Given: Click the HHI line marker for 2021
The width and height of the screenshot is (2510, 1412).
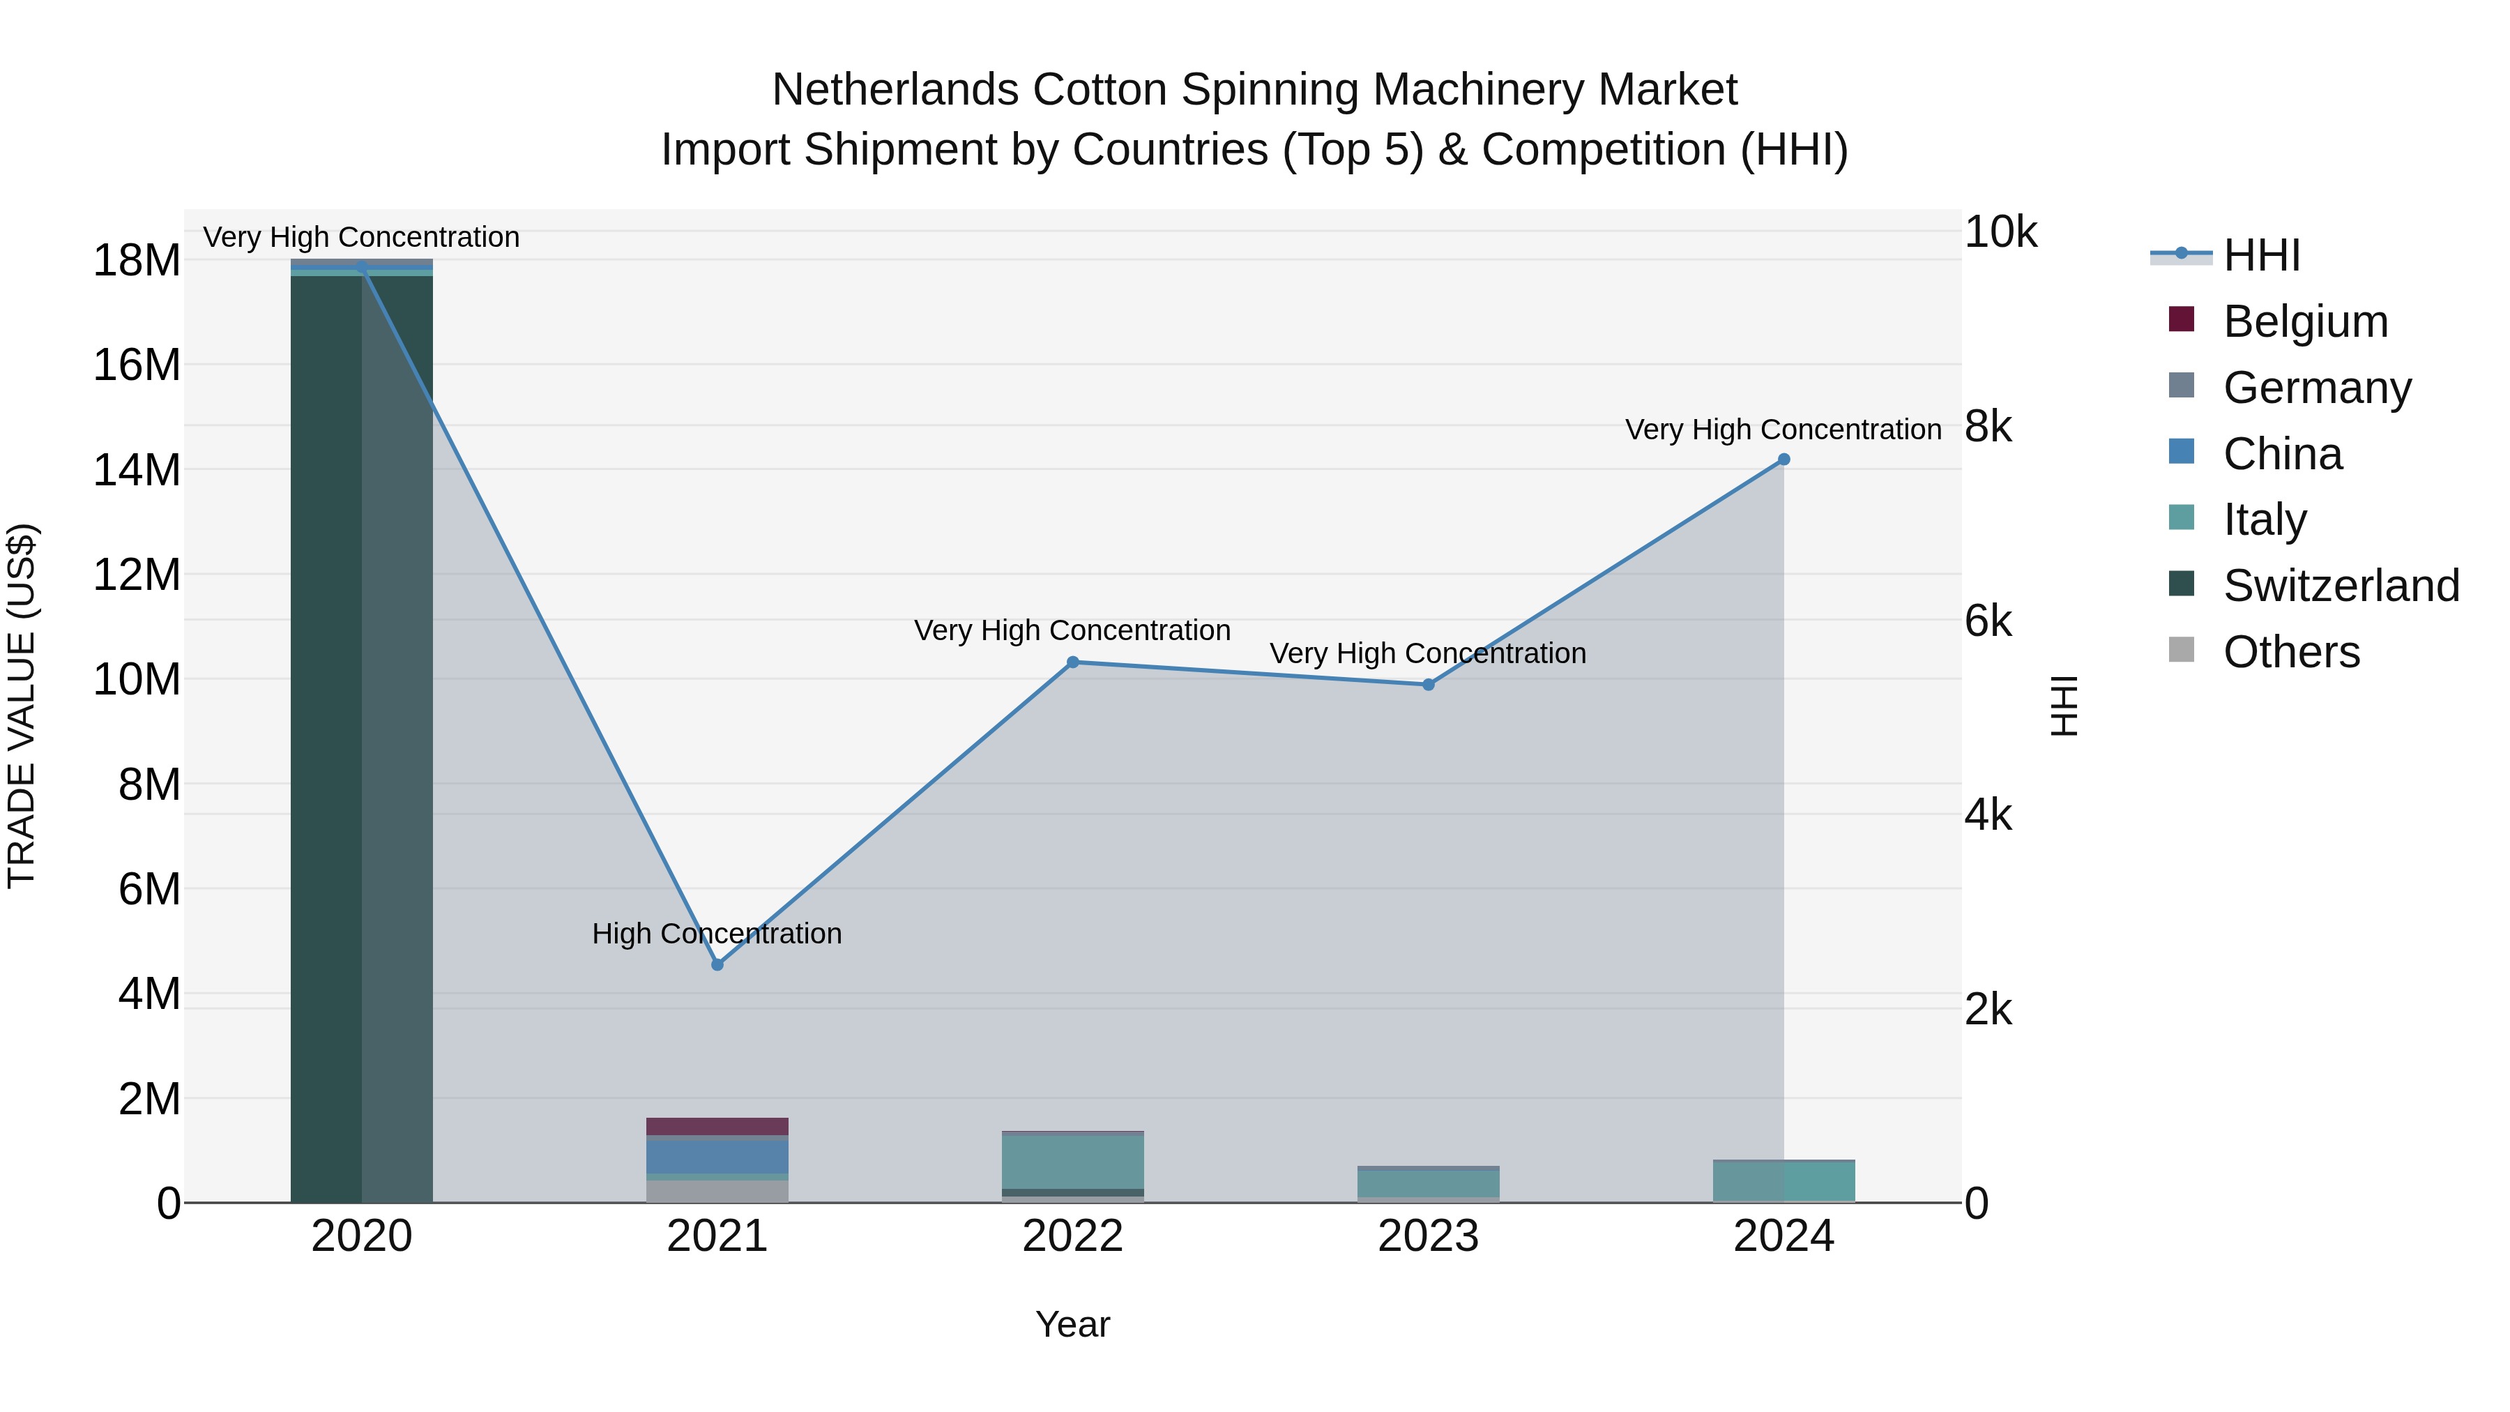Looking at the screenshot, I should (x=717, y=965).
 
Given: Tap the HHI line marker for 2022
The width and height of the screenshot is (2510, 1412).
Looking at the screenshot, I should (x=1073, y=662).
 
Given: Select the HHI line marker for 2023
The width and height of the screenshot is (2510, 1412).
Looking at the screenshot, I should (x=1429, y=685).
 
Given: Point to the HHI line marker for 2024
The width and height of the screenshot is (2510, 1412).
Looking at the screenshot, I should (x=1784, y=460).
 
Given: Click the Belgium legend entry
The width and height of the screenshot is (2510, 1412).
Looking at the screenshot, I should (x=2306, y=321).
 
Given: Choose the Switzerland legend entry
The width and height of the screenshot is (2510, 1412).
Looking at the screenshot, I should (x=2341, y=586).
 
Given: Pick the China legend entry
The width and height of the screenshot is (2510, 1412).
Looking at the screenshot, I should (x=2282, y=454).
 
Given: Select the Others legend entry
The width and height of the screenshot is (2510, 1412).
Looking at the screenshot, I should (x=2291, y=652).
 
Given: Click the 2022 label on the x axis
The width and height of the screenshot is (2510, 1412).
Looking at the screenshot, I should (x=1073, y=1236).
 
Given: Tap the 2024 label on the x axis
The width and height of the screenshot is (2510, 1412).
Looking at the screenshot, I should (x=1784, y=1236).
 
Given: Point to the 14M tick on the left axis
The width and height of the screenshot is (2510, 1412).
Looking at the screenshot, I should (x=137, y=470).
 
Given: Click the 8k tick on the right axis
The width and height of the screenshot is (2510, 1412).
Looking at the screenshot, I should (x=1988, y=427).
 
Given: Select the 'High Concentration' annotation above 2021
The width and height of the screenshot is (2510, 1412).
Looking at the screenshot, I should (x=717, y=934).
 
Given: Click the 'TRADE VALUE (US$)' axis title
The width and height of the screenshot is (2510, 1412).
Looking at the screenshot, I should (x=22, y=706).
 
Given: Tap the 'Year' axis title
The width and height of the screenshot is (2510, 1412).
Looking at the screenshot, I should (x=1073, y=1324).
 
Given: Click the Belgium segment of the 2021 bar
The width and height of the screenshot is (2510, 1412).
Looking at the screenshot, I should (x=717, y=1127).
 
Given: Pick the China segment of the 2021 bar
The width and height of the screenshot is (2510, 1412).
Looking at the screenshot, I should (x=717, y=1155).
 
